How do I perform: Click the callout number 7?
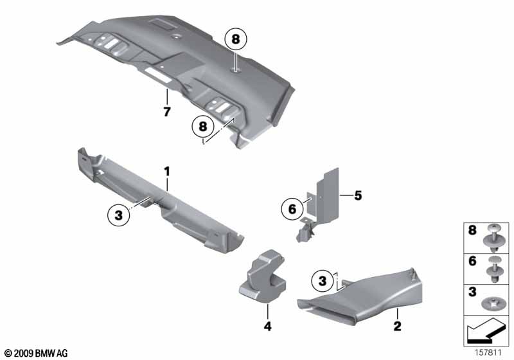(x=167, y=112)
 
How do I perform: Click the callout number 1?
(x=167, y=172)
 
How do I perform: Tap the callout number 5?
(x=358, y=195)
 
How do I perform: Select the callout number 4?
(x=267, y=326)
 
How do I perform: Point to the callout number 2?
(x=397, y=326)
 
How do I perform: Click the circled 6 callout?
(x=292, y=209)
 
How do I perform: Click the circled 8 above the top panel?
(x=236, y=39)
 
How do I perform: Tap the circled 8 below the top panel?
(x=203, y=126)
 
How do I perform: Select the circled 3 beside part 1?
(x=119, y=215)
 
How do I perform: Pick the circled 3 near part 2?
(x=323, y=281)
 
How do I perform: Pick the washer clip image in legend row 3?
(x=492, y=303)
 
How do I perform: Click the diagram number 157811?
(x=488, y=353)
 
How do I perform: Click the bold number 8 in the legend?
(x=472, y=230)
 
